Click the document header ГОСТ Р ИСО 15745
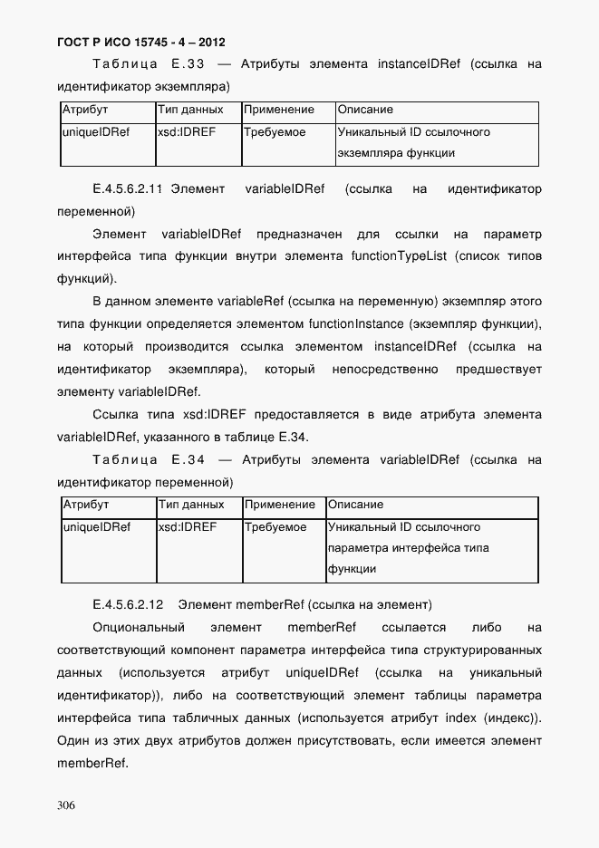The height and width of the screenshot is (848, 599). (140, 42)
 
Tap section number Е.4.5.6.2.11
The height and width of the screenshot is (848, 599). (127, 190)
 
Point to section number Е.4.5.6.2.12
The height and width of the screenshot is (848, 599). (128, 604)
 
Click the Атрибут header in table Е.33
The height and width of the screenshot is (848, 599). (84, 111)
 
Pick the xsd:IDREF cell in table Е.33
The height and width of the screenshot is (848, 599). (186, 132)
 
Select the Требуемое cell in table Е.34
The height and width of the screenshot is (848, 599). (275, 527)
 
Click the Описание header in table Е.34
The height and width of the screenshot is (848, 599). (355, 505)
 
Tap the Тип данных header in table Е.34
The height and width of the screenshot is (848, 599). (191, 505)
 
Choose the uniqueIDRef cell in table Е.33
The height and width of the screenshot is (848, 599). (95, 132)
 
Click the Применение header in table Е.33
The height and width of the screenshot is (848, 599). (279, 111)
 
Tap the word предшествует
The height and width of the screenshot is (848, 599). (500, 370)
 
